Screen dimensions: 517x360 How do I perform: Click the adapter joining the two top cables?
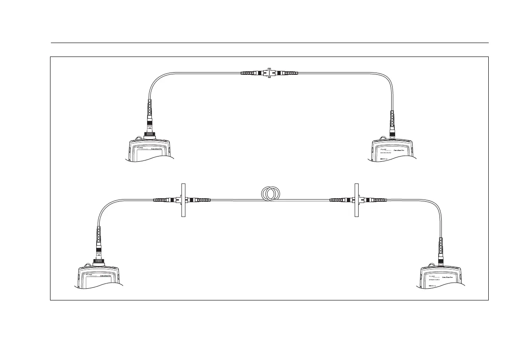coord(270,73)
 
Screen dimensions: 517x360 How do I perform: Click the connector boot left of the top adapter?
coord(250,73)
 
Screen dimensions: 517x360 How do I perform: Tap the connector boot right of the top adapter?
coord(289,73)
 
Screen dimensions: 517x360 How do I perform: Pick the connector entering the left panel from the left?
coord(164,200)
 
